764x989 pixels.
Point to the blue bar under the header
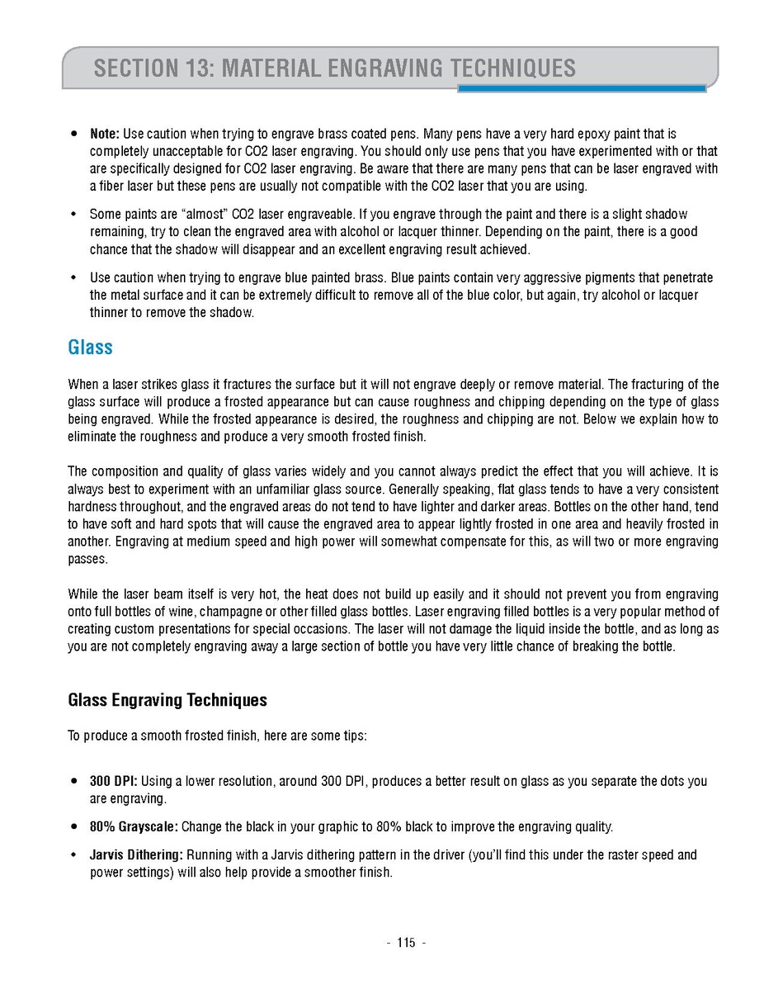(x=582, y=88)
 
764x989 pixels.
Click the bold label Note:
(x=105, y=134)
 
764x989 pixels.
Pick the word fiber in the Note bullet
(x=113, y=186)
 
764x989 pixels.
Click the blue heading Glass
(x=90, y=348)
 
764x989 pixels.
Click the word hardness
(x=92, y=507)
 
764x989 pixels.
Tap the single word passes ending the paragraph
(x=86, y=559)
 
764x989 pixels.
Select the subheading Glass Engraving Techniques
(x=167, y=700)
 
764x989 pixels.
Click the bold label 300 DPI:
(x=114, y=781)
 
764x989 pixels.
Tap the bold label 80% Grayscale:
(x=134, y=826)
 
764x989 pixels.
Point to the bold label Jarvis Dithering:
(x=136, y=855)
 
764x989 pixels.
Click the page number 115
(x=406, y=944)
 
